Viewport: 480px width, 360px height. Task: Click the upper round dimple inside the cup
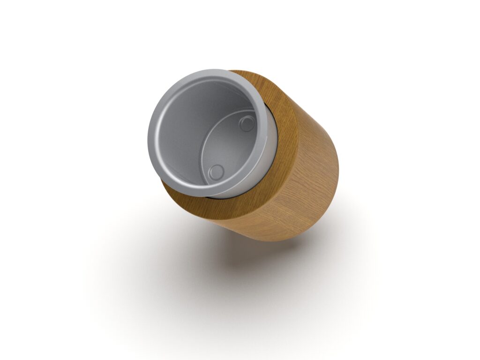pyautogui.click(x=247, y=124)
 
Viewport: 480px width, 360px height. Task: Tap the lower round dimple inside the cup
pyautogui.click(x=217, y=172)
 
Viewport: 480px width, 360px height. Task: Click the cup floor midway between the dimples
pyautogui.click(x=232, y=148)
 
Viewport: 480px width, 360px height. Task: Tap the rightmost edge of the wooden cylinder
pyautogui.click(x=338, y=164)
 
